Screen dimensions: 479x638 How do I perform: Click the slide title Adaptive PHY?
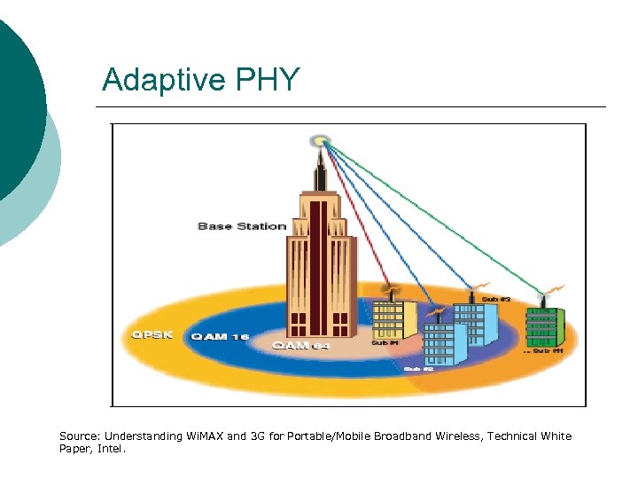click(201, 81)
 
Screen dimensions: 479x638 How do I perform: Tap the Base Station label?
click(242, 226)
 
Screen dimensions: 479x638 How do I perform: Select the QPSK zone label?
click(146, 335)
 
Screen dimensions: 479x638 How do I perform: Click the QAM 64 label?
click(300, 345)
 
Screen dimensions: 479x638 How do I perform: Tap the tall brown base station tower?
click(320, 257)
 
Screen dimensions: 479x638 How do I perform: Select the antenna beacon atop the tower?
click(320, 140)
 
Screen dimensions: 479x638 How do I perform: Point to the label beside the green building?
click(546, 352)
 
